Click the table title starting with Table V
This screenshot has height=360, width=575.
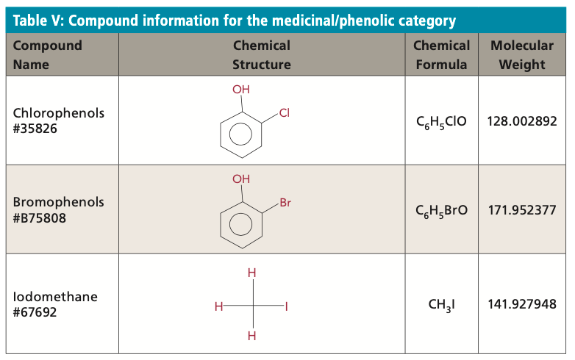pos(235,21)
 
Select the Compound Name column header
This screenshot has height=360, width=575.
pos(48,55)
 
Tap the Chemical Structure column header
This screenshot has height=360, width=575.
pos(261,55)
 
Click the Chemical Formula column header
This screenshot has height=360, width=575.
pos(441,55)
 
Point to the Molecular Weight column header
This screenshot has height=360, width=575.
pos(522,55)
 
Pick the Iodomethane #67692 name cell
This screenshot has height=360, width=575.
pos(55,305)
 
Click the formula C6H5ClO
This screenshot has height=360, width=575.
pos(441,121)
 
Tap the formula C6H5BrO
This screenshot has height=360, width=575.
pos(441,210)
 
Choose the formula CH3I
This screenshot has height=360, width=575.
pos(441,305)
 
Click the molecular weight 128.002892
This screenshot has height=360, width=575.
pos(522,121)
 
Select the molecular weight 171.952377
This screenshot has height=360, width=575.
pos(522,210)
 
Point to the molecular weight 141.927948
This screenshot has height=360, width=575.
pos(522,305)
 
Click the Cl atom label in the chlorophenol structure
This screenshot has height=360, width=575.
pos(285,114)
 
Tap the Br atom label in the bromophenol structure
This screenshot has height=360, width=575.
pos(285,203)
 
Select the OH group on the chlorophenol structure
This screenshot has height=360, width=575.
pos(241,90)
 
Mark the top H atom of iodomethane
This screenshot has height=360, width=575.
pos(251,273)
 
